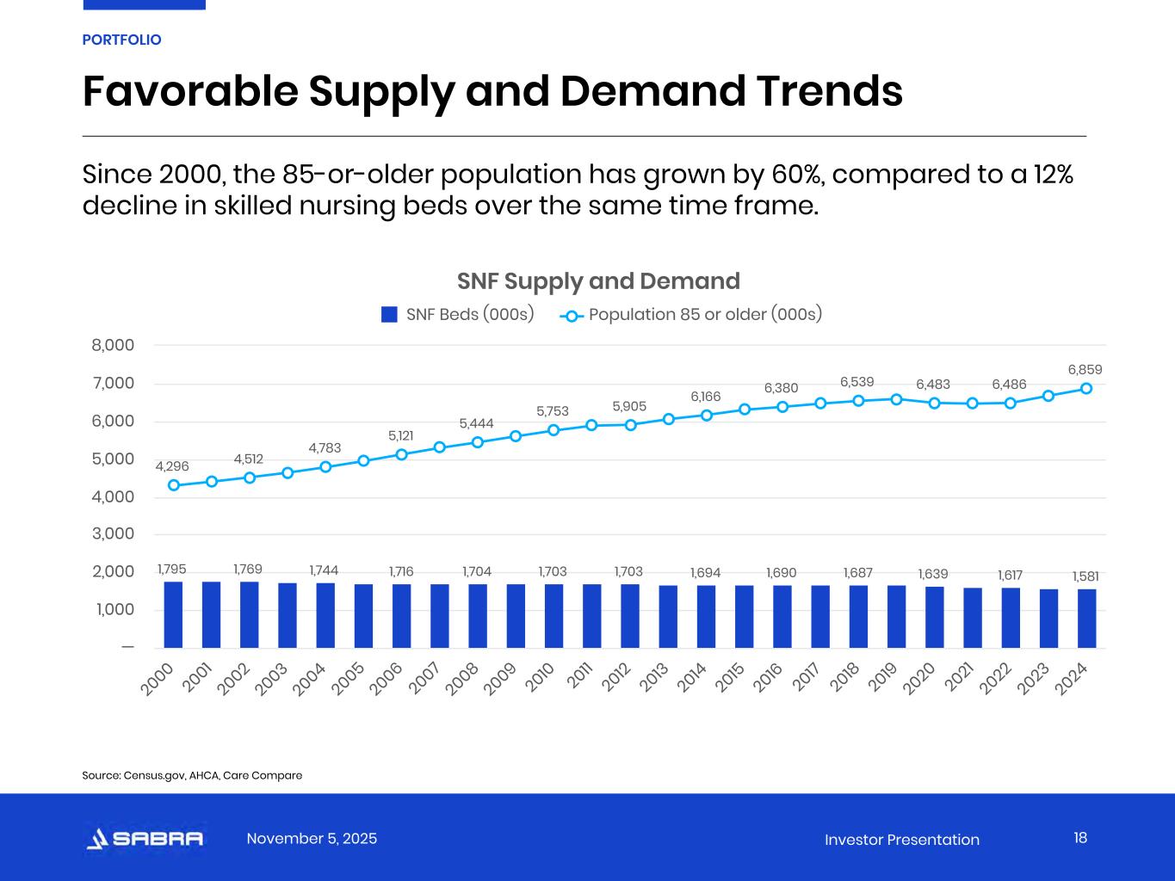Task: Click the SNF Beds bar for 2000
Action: click(x=173, y=614)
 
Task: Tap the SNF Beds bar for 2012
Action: click(x=630, y=616)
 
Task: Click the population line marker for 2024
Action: click(x=1086, y=388)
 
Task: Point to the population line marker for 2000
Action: click(x=174, y=485)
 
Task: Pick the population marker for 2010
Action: click(x=553, y=430)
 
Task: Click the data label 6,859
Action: click(x=1085, y=370)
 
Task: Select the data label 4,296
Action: click(x=172, y=466)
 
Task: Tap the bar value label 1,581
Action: click(x=1085, y=576)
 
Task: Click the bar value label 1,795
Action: click(x=172, y=569)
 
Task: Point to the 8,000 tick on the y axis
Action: click(x=114, y=345)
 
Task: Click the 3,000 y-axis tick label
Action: click(x=114, y=533)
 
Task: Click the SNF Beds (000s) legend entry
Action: click(x=458, y=314)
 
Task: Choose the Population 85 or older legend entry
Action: click(x=693, y=314)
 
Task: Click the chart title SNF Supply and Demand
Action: click(x=598, y=281)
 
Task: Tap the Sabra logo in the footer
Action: click(x=145, y=839)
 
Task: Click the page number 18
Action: click(x=1080, y=838)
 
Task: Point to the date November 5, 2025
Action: click(x=312, y=839)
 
